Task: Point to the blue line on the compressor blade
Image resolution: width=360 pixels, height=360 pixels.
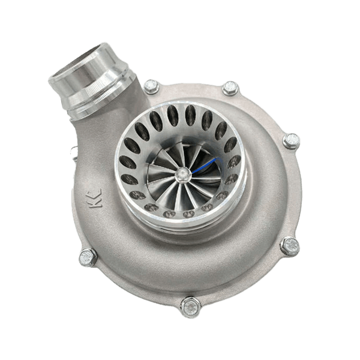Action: point(205,166)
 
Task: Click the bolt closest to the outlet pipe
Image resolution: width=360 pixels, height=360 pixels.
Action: point(151,86)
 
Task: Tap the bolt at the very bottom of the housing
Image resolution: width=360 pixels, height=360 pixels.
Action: point(191,307)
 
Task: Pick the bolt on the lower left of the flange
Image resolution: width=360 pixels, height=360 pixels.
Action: point(88,257)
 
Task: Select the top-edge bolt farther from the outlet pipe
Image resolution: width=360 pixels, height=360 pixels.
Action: point(230,88)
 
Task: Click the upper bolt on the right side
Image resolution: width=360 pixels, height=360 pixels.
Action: point(291,141)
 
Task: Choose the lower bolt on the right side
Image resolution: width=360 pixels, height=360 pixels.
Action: point(290,246)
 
